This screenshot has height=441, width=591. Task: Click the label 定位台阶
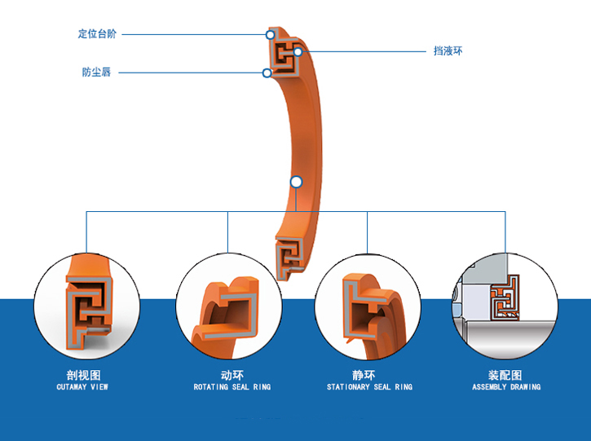pos(97,34)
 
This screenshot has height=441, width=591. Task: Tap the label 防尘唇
pos(96,73)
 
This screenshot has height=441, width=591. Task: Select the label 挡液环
pos(448,51)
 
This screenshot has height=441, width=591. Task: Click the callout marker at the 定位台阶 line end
pos(270,34)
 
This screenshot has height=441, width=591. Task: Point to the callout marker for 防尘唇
pos(267,73)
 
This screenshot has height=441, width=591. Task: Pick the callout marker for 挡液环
pos(298,52)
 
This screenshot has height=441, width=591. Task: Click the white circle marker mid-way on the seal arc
pos(296,182)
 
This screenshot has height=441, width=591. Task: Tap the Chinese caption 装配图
pos(505,375)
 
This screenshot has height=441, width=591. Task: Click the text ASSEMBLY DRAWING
pos(506,387)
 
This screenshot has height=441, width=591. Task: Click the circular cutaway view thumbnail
pos(87,305)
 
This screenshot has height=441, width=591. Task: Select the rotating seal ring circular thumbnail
pos(228,305)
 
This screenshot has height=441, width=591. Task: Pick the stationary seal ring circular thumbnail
pos(368,305)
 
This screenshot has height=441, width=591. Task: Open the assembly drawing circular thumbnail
pos(505,305)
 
